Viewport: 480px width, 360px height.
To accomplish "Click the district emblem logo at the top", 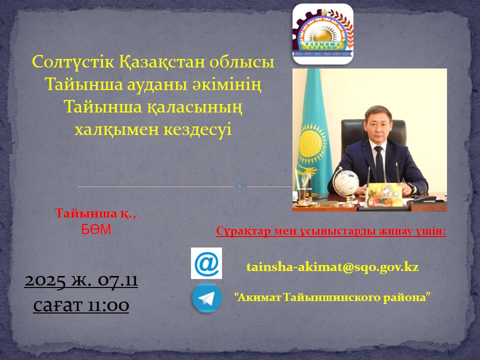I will coord(322,34).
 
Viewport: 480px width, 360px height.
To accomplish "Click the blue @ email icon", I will coord(206,263).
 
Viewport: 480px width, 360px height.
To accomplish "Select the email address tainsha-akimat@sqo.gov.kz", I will coord(332,267).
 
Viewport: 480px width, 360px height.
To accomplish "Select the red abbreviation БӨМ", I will coord(96,229).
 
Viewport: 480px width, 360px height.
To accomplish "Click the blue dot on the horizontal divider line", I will coord(239,186).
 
